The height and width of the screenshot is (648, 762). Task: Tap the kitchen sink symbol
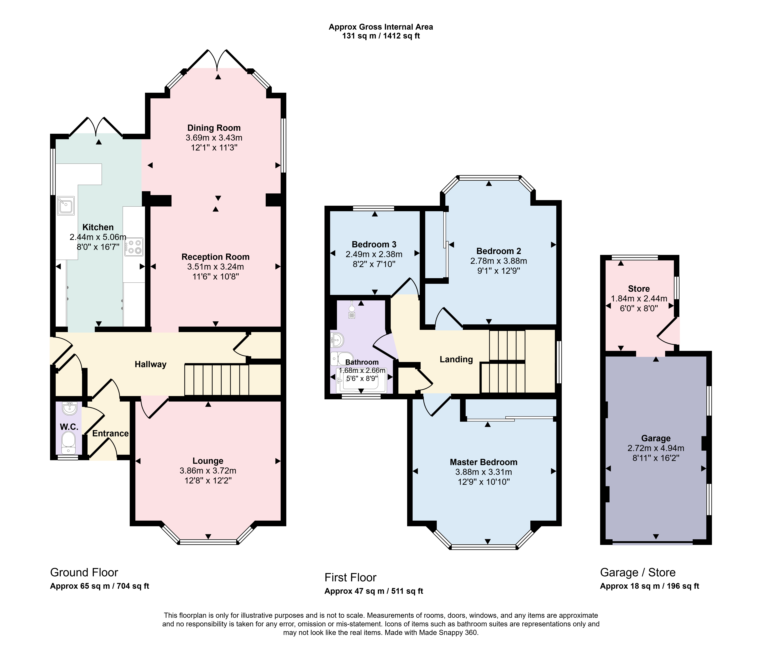[66, 205]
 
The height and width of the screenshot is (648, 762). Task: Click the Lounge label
[208, 461]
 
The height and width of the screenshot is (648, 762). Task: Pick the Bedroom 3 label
[374, 244]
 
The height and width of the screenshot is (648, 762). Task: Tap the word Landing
[456, 359]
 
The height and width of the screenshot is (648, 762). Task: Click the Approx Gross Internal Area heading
[381, 27]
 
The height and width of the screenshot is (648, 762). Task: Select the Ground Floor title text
[84, 573]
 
